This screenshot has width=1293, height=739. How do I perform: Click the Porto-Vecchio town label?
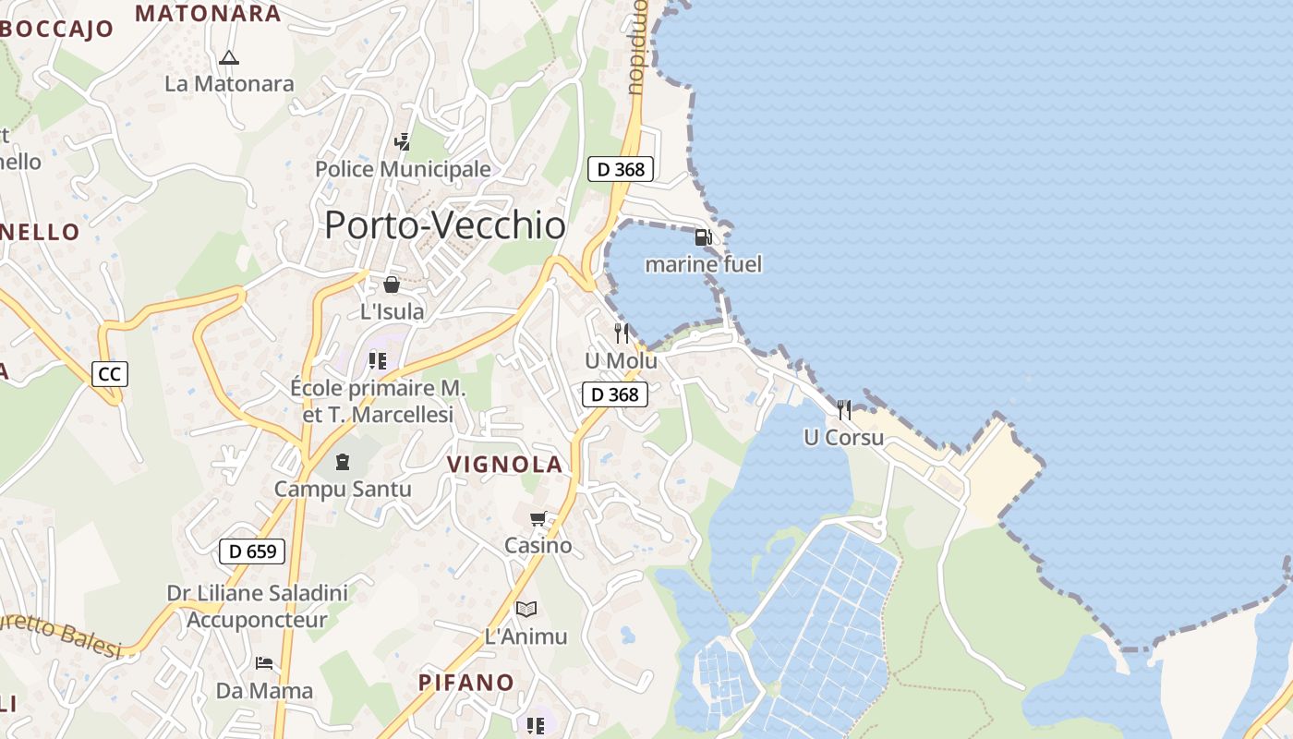444,225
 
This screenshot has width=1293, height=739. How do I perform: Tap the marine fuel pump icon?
703,237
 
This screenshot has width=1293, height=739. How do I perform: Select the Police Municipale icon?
403,142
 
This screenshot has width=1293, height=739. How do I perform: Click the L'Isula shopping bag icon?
392,285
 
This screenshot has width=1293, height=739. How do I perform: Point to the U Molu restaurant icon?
622,333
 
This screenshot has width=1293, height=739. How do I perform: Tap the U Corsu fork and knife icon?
844,409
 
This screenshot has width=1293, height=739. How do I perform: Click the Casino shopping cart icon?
538,518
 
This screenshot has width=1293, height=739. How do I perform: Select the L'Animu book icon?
526,609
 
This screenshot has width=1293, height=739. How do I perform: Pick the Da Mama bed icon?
264,663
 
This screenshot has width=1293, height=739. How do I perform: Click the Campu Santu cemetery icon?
343,461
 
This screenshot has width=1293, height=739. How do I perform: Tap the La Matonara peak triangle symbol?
229,57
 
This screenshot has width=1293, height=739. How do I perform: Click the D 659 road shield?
252,552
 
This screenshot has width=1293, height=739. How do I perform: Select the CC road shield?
110,374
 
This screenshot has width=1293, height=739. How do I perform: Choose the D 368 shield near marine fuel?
621,169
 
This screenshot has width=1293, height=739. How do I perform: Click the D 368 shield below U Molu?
615,394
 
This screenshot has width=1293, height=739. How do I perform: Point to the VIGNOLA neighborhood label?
505,465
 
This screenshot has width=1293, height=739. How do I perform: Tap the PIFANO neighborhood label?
466,683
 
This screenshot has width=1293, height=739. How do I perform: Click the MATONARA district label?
208,14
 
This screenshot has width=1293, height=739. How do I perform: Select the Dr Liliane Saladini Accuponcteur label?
257,606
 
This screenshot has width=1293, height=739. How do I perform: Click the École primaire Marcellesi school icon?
377,359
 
